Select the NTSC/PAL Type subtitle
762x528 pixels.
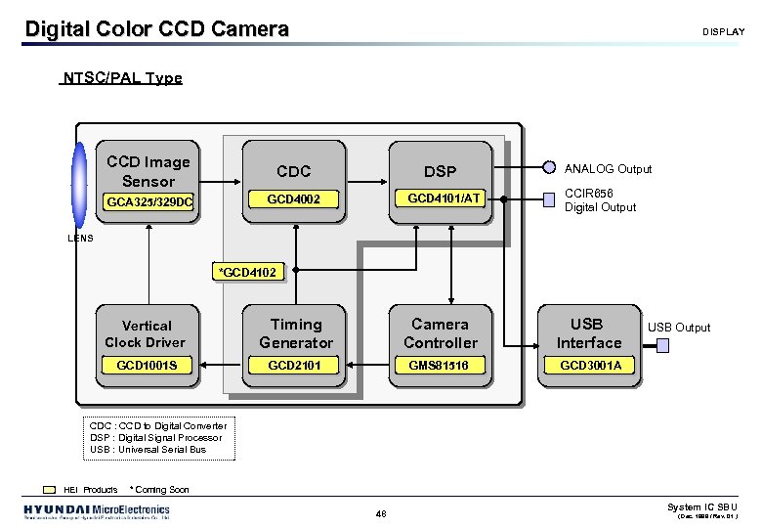(x=121, y=78)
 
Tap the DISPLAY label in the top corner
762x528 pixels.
(x=723, y=32)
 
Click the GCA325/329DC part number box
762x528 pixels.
(x=148, y=202)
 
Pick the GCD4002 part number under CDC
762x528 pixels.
(x=294, y=199)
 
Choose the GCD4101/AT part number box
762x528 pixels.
(x=444, y=198)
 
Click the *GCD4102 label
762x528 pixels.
(x=250, y=272)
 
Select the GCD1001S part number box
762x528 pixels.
(x=147, y=365)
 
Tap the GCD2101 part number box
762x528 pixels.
(x=294, y=365)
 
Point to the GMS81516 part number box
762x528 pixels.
(x=440, y=365)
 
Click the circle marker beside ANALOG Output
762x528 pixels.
(x=550, y=168)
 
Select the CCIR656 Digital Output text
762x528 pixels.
(x=600, y=200)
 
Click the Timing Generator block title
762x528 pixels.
(x=295, y=333)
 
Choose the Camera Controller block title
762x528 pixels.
(x=441, y=333)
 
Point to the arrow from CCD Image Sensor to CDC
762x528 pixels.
(x=221, y=182)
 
